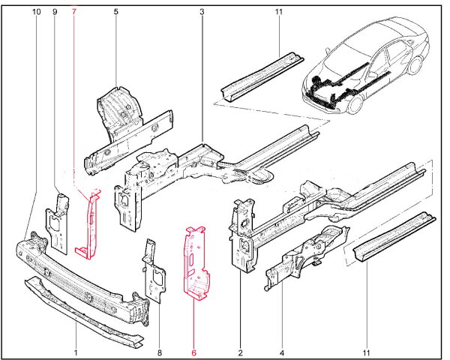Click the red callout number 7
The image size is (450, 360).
(74, 13)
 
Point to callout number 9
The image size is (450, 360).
(55, 13)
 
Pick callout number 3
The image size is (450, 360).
(202, 13)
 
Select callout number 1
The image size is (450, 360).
(76, 351)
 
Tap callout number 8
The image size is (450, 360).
(159, 351)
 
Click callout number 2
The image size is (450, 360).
(240, 351)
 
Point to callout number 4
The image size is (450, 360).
(281, 351)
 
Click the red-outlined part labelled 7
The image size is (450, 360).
(90, 225)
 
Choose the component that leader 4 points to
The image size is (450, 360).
(304, 255)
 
